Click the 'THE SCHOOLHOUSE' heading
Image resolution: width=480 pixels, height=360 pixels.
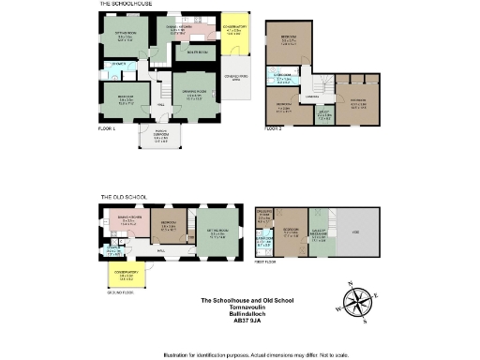(127, 4)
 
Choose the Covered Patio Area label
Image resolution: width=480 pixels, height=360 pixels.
(235, 78)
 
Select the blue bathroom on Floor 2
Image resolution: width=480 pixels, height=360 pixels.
(281, 79)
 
